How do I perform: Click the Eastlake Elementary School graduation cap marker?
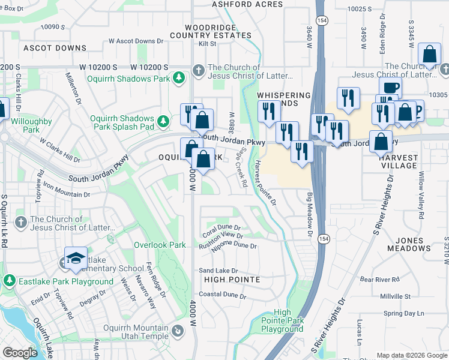click(76, 259)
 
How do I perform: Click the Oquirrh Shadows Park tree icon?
click(178, 77)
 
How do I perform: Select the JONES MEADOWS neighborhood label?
click(409, 244)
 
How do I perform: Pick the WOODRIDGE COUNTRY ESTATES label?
click(217, 32)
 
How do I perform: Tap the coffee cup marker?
click(390, 88)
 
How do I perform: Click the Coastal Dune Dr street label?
click(222, 295)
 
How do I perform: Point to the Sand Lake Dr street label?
click(218, 271)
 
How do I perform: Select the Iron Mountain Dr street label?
click(66, 194)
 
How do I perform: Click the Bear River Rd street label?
click(379, 280)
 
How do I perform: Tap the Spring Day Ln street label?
click(403, 313)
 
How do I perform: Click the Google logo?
click(20, 353)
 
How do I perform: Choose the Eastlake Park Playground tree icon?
click(10, 280)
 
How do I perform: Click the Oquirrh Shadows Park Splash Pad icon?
click(163, 122)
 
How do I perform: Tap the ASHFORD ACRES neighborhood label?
click(247, 4)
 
